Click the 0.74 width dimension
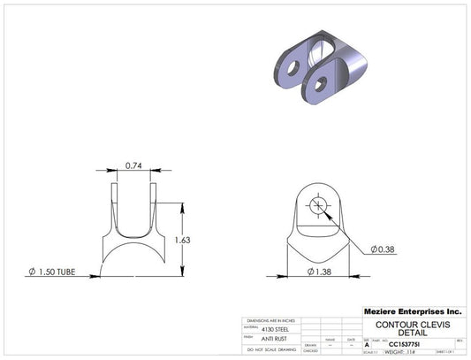(134, 165)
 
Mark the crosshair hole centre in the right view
(317, 207)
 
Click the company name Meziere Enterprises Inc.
(413, 311)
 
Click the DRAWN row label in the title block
(310, 344)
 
